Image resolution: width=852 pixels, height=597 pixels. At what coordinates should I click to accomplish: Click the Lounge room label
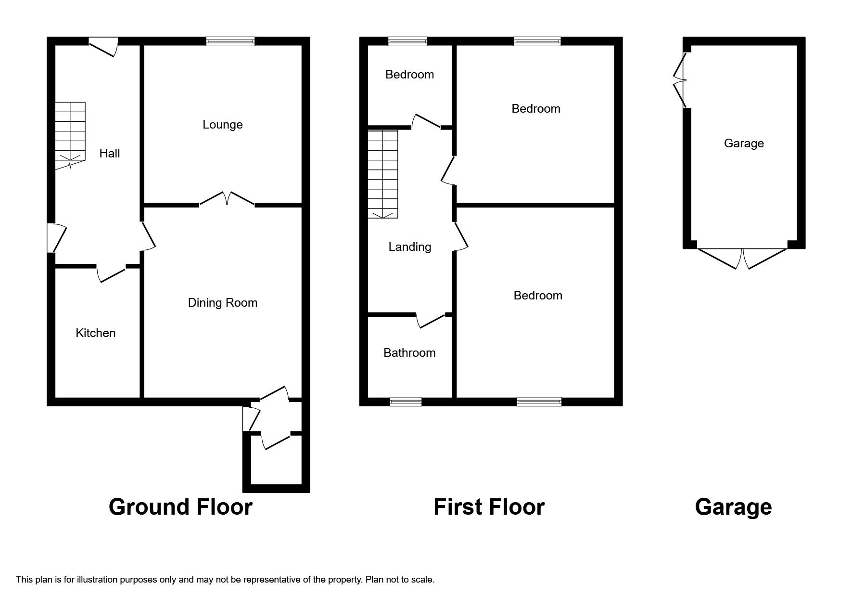click(x=222, y=125)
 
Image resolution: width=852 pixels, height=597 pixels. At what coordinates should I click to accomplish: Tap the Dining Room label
click(x=222, y=303)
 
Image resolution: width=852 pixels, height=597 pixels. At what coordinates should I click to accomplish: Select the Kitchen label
click(x=96, y=333)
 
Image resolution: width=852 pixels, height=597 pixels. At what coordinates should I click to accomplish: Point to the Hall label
click(x=110, y=154)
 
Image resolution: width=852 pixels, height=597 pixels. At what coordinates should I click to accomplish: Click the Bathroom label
click(x=409, y=353)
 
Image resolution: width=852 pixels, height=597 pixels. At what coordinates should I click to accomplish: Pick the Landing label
click(x=410, y=247)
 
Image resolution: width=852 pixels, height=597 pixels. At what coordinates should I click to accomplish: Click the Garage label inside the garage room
click(x=744, y=143)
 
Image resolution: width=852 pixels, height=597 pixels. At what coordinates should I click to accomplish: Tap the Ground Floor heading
click(x=180, y=507)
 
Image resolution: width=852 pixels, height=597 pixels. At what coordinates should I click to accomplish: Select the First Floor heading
click(x=489, y=507)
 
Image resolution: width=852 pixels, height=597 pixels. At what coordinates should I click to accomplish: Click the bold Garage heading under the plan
click(x=733, y=507)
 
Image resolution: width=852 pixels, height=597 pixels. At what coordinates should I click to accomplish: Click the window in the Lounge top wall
click(x=230, y=41)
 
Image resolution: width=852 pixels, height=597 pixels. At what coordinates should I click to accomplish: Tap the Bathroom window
click(x=406, y=402)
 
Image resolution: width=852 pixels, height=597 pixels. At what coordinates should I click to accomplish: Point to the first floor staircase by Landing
click(x=383, y=174)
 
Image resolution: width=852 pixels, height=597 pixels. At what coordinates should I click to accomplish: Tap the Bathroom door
click(x=431, y=321)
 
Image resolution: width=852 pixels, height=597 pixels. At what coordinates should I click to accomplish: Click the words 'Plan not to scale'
click(x=400, y=580)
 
